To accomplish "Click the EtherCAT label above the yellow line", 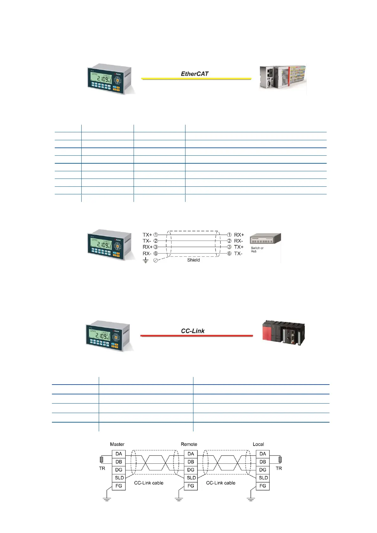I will tap(194, 74).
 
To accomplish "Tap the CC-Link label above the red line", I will tap(192, 331).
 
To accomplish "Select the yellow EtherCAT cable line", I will tap(196, 79).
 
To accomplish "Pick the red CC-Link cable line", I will tap(196, 335).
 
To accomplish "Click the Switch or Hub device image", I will tap(265, 239).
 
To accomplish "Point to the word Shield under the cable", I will tap(193, 260).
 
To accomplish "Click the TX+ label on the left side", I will tap(147, 235).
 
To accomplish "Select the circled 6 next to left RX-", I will tap(156, 254).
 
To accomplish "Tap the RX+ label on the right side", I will tap(239, 235).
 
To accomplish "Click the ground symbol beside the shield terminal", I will tap(146, 260).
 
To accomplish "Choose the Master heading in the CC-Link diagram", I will tap(117, 444).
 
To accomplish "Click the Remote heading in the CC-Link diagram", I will tap(189, 444).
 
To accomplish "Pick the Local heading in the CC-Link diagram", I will tap(258, 444).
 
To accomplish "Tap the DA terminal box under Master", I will tap(119, 454).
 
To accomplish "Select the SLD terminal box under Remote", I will tap(191, 478).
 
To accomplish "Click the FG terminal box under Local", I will tap(263, 486).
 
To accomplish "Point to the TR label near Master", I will tap(102, 468).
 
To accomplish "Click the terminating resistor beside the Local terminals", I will tap(280, 459).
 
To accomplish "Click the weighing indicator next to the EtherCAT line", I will tap(110, 79).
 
